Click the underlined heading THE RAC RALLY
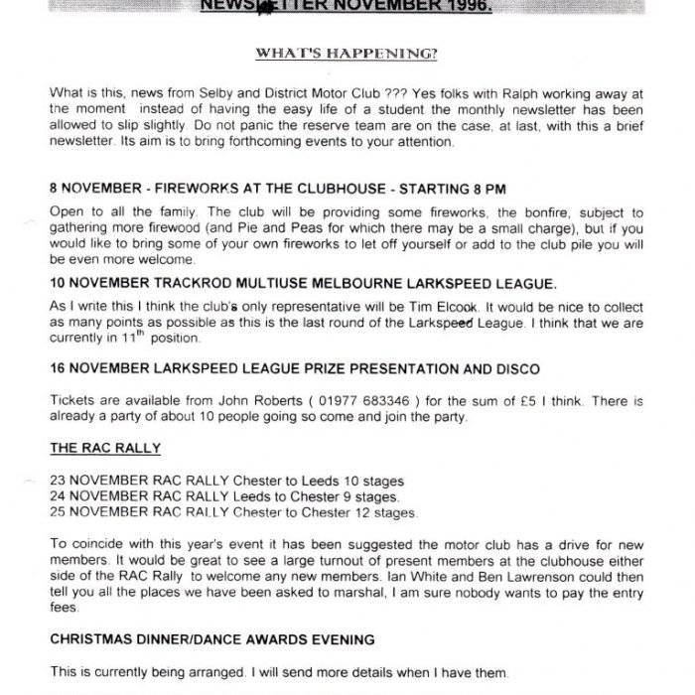pos(94,448)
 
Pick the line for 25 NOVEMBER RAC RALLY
pos(234,512)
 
